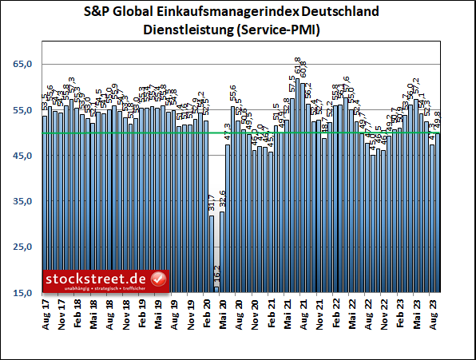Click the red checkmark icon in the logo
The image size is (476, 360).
click(x=157, y=279)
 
